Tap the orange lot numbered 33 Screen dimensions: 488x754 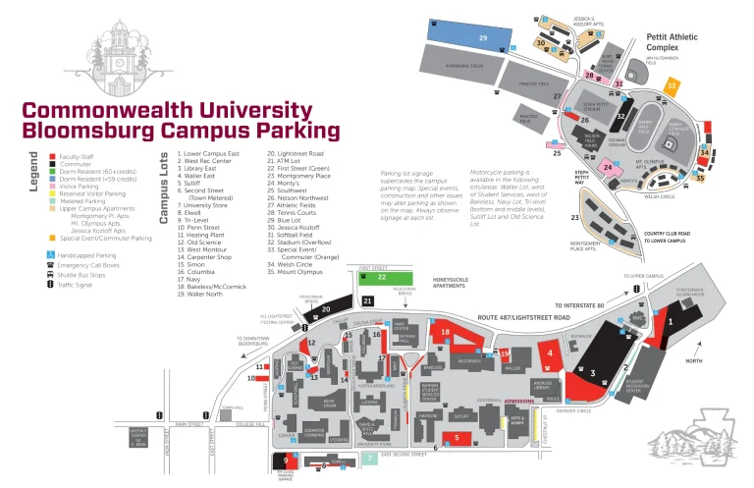672,86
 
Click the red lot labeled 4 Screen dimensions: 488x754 551,352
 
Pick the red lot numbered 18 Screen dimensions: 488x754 448,335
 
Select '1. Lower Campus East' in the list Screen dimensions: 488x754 208,154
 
